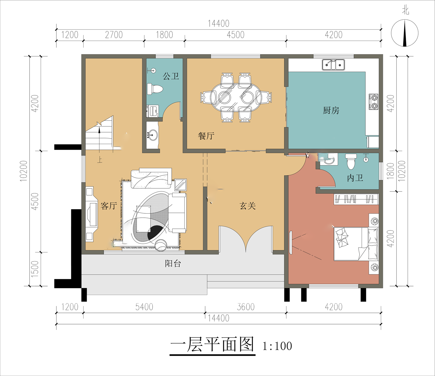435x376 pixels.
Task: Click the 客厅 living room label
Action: pos(108,206)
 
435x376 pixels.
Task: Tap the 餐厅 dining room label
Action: pos(206,136)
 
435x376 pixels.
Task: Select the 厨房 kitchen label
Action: pos(331,110)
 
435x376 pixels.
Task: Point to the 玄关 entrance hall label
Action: pos(248,206)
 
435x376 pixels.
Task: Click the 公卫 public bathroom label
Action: pos(171,76)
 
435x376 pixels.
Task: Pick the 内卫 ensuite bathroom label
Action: pos(355,178)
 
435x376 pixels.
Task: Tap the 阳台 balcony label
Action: pos(173,264)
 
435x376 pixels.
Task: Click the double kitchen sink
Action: pos(333,65)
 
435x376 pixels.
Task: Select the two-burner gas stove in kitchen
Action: pos(373,102)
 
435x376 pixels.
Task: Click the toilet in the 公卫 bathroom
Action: pos(155,89)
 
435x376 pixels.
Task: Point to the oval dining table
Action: pos(236,97)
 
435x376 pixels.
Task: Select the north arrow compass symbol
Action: pos(405,33)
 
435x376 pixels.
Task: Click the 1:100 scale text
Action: pos(277,346)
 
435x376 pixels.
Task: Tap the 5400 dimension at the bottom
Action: pos(144,307)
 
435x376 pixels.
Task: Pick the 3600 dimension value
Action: pos(246,307)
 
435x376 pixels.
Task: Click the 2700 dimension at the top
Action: pos(114,35)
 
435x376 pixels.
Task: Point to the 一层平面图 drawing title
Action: pos(212,345)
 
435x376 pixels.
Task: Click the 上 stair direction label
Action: pos(100,160)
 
